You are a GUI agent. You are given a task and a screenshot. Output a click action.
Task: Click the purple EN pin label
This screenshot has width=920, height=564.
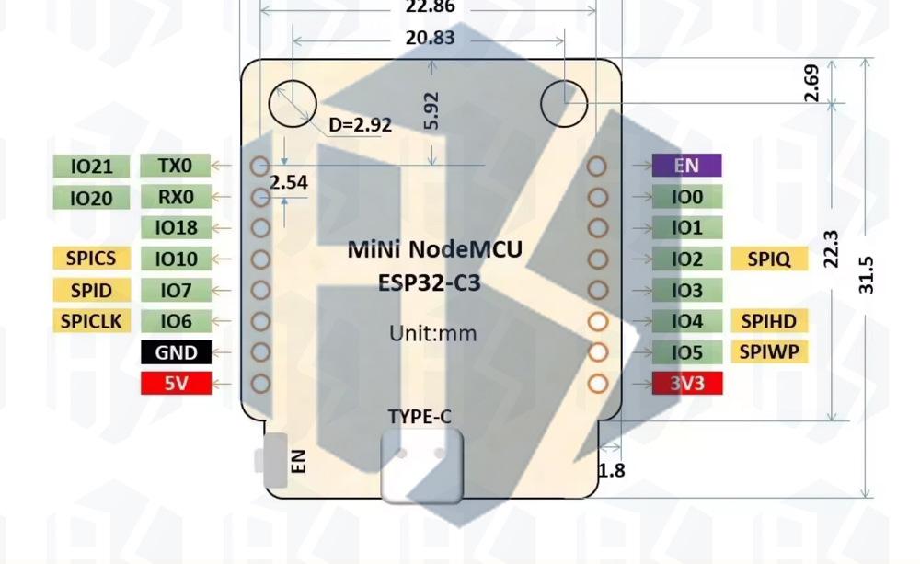[686, 166]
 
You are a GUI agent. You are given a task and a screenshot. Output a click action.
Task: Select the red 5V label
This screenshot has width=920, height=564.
[176, 383]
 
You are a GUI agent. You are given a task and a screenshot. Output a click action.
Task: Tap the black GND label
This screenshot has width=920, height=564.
[176, 351]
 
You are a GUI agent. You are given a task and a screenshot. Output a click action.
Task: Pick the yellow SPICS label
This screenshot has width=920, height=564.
[91, 259]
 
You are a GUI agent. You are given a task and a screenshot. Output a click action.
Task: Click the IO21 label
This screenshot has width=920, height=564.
[91, 167]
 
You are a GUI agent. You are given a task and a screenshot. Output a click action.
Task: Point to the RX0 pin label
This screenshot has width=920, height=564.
[176, 197]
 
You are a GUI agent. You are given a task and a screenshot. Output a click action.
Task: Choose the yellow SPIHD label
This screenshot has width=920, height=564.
[769, 320]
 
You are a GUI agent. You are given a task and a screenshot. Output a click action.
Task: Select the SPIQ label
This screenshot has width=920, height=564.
[769, 259]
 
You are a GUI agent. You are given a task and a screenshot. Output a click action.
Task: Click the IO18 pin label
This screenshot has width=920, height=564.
[176, 228]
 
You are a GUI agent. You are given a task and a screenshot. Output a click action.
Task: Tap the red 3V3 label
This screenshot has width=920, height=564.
[686, 383]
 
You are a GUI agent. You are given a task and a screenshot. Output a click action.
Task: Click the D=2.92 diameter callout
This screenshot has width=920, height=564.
[360, 125]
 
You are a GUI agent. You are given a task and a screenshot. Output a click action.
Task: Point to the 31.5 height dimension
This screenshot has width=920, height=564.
[866, 274]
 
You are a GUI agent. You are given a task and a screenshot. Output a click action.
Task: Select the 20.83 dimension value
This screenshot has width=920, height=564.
[429, 38]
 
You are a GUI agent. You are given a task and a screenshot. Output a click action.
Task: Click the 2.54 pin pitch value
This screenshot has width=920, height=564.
[288, 182]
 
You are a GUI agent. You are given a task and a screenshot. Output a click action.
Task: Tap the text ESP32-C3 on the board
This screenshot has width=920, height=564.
[429, 282]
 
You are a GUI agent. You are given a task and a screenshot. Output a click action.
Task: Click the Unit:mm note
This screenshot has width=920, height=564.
[432, 332]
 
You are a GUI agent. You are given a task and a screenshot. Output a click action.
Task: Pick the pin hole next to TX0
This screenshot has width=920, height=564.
[260, 166]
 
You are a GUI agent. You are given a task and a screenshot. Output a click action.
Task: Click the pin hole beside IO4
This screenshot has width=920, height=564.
[597, 321]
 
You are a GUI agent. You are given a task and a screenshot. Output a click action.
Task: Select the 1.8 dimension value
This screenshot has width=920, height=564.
[612, 470]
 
